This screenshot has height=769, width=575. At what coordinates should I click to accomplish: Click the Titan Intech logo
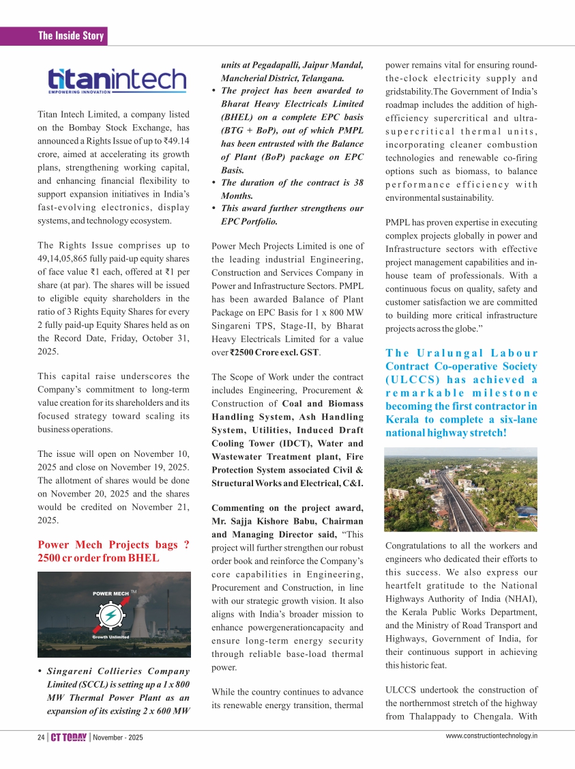click(116, 80)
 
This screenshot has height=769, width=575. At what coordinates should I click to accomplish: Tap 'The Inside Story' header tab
click(71, 36)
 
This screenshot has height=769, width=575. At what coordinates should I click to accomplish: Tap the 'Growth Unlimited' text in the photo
click(110, 637)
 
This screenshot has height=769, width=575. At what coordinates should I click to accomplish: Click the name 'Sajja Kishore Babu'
click(271, 520)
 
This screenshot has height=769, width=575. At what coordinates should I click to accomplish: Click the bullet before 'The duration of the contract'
click(215, 182)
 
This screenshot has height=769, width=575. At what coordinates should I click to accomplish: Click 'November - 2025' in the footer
click(118, 738)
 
